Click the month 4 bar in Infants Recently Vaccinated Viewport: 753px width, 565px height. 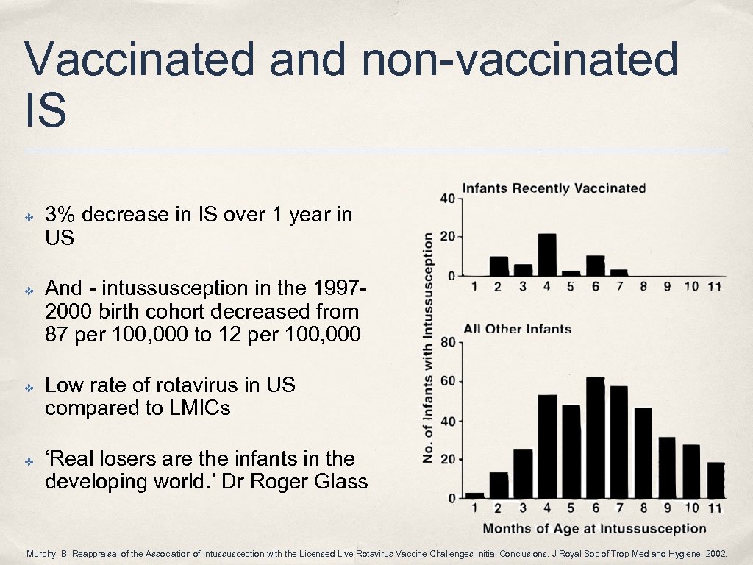tap(546, 254)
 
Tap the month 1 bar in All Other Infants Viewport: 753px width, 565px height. tap(475, 495)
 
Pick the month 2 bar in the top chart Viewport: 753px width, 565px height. tap(499, 266)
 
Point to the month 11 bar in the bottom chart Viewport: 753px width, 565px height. tap(715, 480)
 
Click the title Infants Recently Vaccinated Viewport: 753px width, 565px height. tap(553, 188)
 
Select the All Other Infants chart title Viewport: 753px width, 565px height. tap(517, 329)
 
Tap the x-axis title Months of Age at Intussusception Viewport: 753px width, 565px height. tap(594, 528)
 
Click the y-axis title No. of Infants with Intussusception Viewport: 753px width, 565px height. tap(428, 347)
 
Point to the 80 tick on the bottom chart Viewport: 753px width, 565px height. tap(446, 342)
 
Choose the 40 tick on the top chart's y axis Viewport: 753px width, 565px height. tap(446, 199)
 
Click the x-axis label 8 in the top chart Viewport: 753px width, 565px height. tap(643, 287)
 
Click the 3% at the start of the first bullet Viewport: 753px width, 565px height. tap(60, 215)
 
